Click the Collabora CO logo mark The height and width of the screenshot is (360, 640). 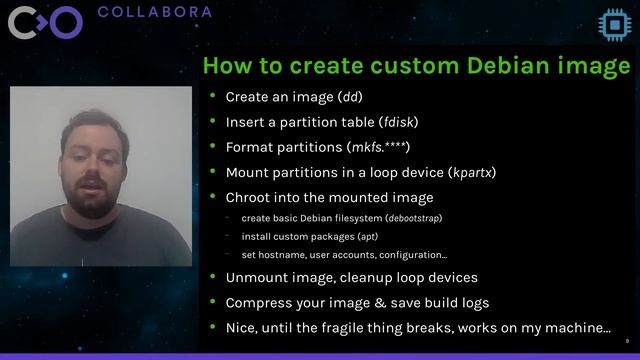pyautogui.click(x=45, y=22)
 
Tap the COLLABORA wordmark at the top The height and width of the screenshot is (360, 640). pyautogui.click(x=155, y=12)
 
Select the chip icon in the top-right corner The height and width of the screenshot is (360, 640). pyautogui.click(x=611, y=22)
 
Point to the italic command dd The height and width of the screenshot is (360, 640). pyautogui.click(x=351, y=97)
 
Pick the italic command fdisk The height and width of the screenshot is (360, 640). pyautogui.click(x=399, y=122)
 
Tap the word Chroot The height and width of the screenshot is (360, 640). pyautogui.click(x=249, y=197)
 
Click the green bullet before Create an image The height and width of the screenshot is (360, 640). pyautogui.click(x=213, y=97)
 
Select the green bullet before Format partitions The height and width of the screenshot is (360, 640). pyautogui.click(x=213, y=147)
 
